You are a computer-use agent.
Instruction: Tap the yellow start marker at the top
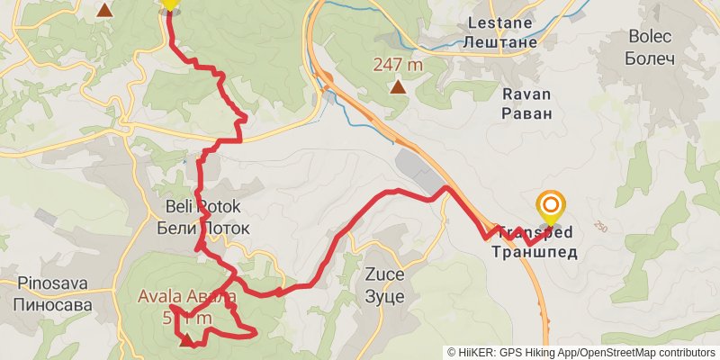169,4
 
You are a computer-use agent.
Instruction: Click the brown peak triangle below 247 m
398,87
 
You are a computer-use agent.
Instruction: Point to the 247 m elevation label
398,65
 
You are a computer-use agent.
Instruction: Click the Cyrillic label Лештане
501,41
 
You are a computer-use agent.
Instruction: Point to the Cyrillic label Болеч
650,58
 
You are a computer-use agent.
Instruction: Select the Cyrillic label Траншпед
534,252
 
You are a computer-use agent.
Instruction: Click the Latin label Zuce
384,276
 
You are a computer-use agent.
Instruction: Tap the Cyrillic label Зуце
384,296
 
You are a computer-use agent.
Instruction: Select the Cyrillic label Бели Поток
202,229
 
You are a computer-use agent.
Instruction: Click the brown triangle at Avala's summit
186,340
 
